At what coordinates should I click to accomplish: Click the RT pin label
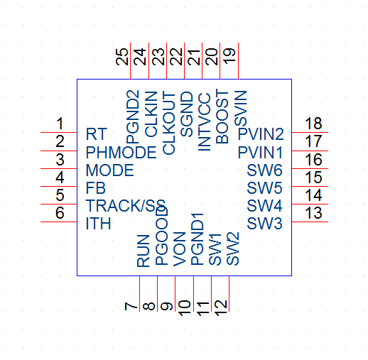point(97,134)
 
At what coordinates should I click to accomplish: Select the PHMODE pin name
point(121,152)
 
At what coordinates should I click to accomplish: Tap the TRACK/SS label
point(126,205)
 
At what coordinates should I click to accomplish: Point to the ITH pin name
point(98,223)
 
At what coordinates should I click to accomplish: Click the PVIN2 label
point(261,134)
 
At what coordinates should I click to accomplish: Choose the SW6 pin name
point(264,170)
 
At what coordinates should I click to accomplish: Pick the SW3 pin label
point(264,223)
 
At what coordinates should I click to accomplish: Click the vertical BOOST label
point(222,116)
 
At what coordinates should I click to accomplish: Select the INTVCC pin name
point(204,122)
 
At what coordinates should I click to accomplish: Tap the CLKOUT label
point(168,124)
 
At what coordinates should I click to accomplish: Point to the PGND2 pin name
point(133,116)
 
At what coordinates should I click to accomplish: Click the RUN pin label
point(144,251)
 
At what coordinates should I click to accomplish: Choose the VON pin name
point(179,249)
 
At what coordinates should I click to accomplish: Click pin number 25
point(121,57)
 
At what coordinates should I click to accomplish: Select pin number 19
point(229,56)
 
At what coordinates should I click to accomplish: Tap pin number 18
point(313,124)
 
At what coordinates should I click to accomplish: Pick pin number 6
point(60,212)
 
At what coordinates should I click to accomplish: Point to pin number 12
point(222,308)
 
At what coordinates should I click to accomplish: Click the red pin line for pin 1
point(59,132)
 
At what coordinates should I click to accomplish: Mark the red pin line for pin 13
point(310,222)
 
